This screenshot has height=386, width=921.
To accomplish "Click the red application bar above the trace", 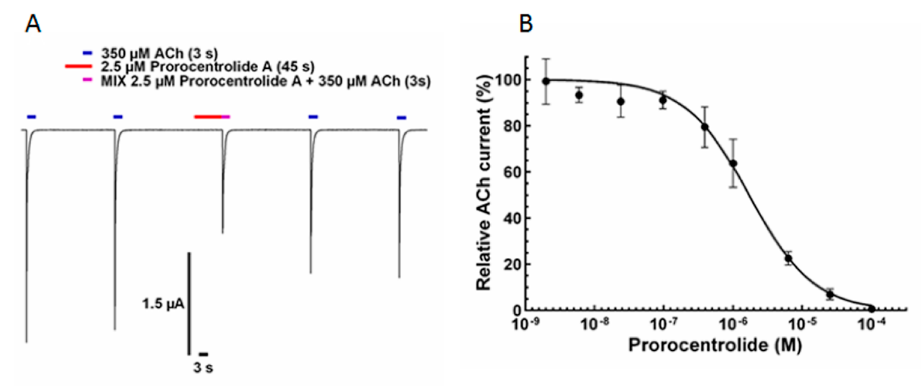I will click(207, 117).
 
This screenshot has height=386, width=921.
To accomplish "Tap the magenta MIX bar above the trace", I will click(226, 117).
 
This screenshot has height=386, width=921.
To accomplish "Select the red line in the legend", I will click(78, 67).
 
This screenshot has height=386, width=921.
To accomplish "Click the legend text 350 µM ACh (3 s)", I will click(159, 53).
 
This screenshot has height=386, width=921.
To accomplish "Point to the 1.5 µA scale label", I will click(163, 304).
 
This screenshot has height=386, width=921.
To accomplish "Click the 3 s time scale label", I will click(203, 367).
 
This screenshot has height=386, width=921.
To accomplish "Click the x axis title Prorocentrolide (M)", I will click(715, 345).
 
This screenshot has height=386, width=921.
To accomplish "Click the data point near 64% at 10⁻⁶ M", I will click(733, 163).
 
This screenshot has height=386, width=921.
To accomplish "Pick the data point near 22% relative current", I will click(788, 259).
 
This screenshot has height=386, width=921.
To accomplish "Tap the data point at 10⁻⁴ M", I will click(871, 308).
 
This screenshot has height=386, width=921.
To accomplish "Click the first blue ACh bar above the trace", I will click(31, 117).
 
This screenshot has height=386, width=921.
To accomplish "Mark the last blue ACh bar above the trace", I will click(402, 118).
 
